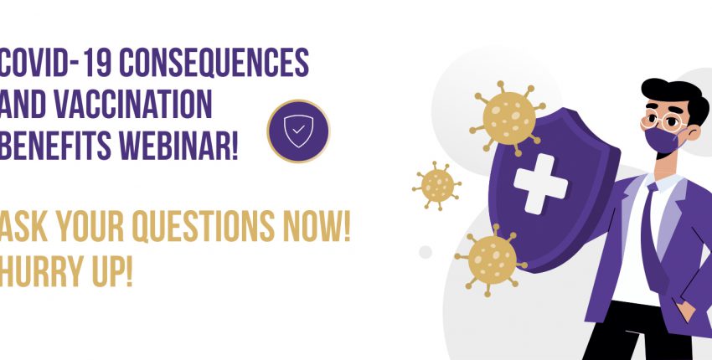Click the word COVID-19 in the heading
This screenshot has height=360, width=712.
coord(55,62)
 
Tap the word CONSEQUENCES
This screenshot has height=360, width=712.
coord(214,62)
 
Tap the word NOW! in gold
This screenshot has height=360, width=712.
coord(317,226)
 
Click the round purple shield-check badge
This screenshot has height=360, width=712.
coord(298,131)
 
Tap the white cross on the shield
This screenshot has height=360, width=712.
coord(540,183)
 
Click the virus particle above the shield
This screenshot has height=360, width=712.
coord(508,118)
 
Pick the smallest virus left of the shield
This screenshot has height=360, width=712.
coord(436,186)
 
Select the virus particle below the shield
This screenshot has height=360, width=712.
coord(492,260)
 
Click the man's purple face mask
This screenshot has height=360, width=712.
coord(663,140)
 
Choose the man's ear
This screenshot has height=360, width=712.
coord(694,132)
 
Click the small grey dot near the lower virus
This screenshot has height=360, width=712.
coord(426,252)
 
